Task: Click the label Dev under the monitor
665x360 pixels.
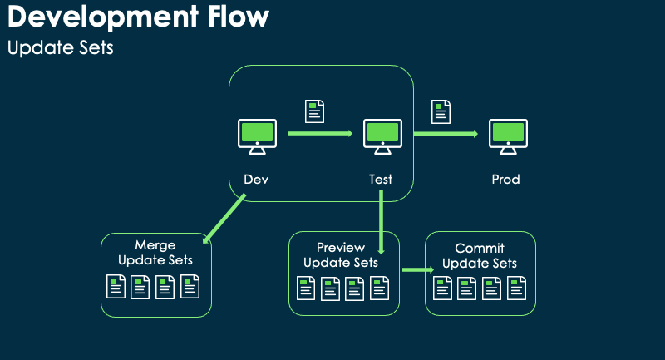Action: (256, 179)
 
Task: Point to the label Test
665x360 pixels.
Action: (381, 179)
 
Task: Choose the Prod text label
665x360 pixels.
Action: (506, 179)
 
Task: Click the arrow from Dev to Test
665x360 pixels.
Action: (321, 133)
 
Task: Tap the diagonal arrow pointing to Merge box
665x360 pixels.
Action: (224, 219)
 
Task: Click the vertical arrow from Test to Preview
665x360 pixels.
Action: (381, 221)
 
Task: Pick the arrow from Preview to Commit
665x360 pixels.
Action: (418, 269)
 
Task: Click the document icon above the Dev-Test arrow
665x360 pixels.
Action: (315, 111)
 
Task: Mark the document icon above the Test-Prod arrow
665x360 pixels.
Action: (441, 111)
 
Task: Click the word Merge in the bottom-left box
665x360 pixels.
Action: (155, 245)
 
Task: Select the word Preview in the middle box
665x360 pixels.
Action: (341, 248)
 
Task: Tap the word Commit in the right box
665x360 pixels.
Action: (480, 249)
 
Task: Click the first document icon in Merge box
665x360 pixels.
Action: (117, 288)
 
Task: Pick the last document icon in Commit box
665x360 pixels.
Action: (517, 288)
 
